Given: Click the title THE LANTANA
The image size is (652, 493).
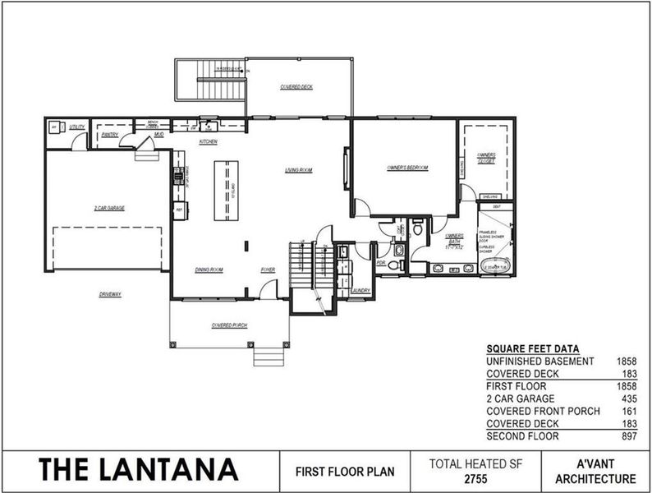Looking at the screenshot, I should click(138, 470).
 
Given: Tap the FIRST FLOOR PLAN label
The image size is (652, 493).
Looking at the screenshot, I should click(344, 472).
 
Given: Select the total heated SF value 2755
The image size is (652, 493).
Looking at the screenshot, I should click(476, 479).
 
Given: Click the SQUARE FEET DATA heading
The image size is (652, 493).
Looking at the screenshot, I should click(532, 348).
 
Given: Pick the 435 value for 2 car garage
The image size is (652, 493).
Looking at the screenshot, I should click(627, 398).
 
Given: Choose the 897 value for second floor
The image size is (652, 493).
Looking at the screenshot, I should click(627, 435).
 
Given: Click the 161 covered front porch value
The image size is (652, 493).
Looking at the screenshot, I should click(627, 411).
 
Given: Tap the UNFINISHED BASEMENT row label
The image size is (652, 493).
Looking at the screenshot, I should click(539, 361).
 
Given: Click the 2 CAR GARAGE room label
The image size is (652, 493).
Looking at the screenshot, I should click(108, 209).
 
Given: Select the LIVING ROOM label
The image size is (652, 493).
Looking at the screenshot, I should click(299, 170).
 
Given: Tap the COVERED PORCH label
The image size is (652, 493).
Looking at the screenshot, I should click(229, 325).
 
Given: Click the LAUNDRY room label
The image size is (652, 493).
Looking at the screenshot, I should click(360, 291).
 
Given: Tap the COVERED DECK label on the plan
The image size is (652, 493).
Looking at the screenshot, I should click(296, 86).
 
